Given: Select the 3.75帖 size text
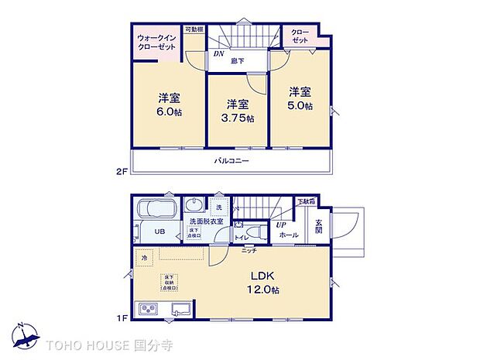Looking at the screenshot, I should [237, 118].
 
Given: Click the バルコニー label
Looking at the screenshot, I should [231, 160].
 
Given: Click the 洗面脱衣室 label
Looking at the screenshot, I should [206, 222].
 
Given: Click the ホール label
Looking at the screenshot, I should [288, 235].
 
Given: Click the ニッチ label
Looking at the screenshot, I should [249, 250].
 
